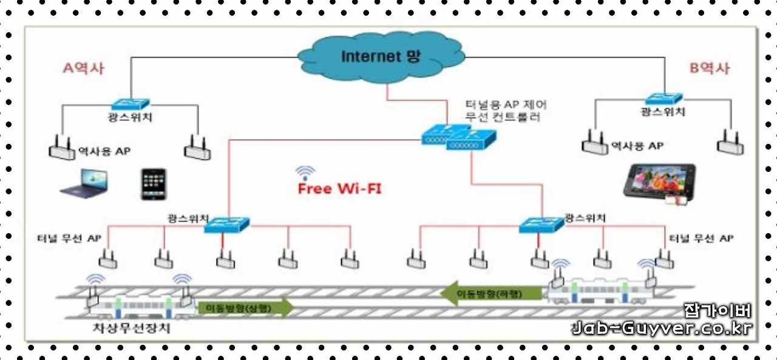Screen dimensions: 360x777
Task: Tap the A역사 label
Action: (84, 68)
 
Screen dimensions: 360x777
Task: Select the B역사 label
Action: (709, 68)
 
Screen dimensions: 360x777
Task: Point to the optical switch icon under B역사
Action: (663, 98)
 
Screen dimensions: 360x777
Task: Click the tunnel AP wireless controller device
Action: (458, 138)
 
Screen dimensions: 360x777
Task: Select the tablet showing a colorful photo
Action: (660, 180)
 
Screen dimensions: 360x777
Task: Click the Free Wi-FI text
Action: (339, 189)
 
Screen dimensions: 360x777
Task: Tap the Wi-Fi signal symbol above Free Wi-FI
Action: (305, 172)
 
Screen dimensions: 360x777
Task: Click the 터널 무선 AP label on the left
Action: (69, 238)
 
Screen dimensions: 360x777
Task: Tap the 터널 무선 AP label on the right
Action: (701, 239)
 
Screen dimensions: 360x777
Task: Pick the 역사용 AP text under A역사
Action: (104, 151)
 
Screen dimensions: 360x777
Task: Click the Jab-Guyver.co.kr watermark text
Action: (662, 328)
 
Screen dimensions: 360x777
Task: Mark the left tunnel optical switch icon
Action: (227, 225)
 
